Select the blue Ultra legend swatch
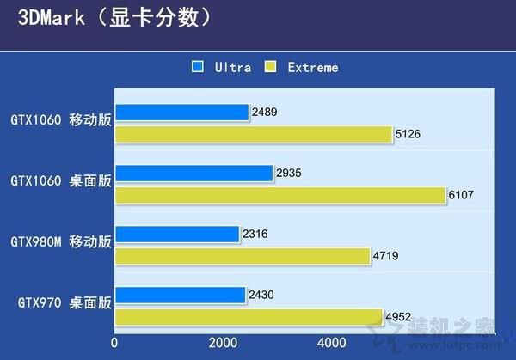point(198,66)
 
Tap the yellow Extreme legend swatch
point(270,66)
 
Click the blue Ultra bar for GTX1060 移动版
point(181,112)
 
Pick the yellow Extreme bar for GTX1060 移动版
point(254,134)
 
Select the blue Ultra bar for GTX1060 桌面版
point(193,173)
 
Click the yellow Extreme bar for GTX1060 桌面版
point(280,195)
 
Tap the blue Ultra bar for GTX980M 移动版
point(176,234)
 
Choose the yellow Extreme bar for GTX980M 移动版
point(243,256)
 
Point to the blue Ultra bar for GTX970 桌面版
point(180,295)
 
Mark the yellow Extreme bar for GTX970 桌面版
point(249,317)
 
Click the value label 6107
point(461,196)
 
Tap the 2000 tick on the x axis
point(223,342)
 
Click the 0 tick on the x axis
point(114,342)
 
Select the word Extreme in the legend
point(313,67)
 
